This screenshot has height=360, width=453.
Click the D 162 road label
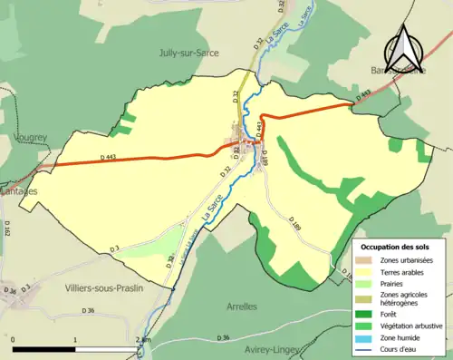(7, 229)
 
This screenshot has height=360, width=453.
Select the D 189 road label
(294, 222)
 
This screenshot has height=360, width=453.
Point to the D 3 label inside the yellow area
(114, 248)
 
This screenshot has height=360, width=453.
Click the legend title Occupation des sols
(400, 247)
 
